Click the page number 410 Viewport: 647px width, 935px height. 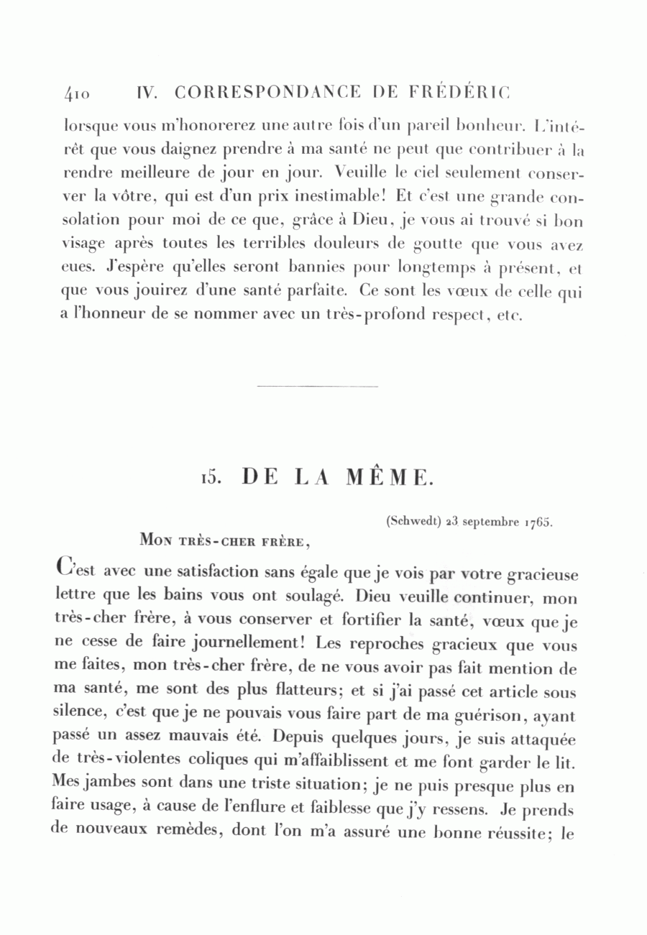(x=77, y=93)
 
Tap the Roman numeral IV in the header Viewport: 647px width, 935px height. (x=147, y=93)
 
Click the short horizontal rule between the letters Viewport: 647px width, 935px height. (x=317, y=387)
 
